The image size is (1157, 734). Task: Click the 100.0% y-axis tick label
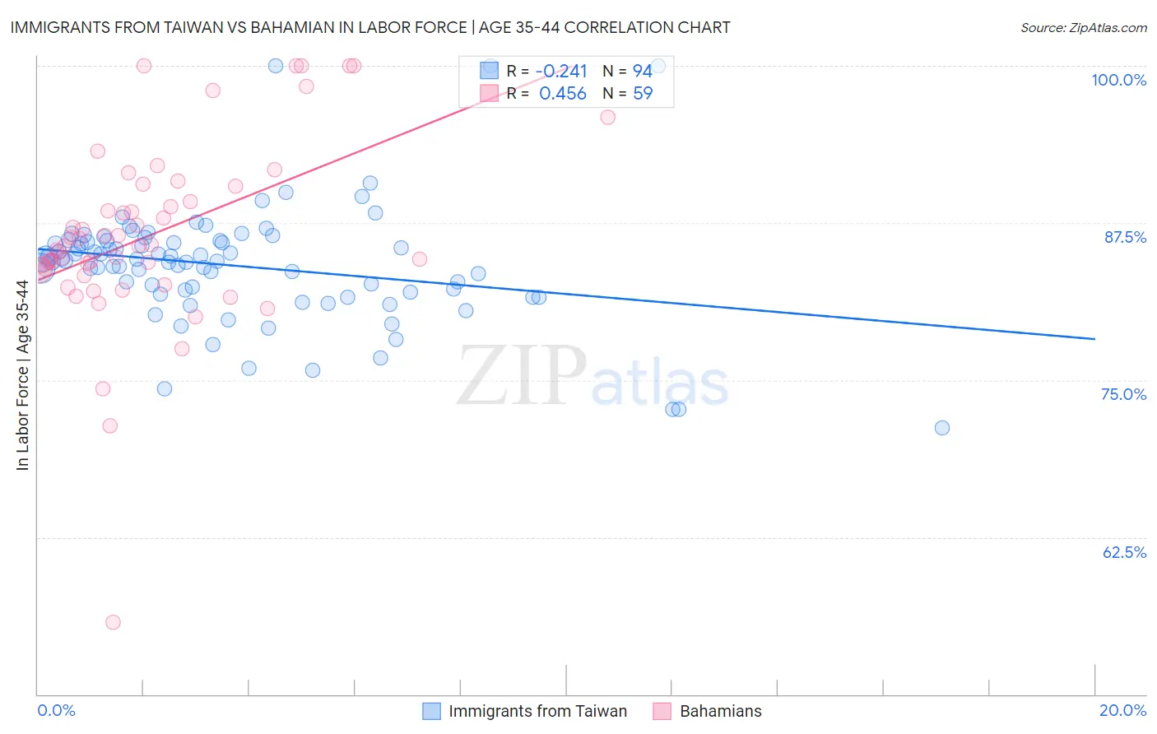[x=1118, y=80]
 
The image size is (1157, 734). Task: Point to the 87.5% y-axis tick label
[x=1125, y=237]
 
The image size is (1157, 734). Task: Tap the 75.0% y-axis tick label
[x=1123, y=394]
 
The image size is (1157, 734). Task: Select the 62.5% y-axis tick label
[x=1124, y=552]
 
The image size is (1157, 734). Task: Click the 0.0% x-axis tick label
[x=56, y=710]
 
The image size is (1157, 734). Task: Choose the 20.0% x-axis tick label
[x=1122, y=710]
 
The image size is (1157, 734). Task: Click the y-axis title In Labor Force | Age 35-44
[x=22, y=375]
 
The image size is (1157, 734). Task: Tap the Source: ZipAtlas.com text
[x=1083, y=27]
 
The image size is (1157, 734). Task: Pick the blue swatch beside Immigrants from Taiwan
[x=432, y=711]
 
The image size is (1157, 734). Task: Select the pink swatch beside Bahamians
[x=662, y=711]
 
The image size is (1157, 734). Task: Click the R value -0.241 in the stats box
[x=561, y=71]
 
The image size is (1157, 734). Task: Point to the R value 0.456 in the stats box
[x=563, y=94]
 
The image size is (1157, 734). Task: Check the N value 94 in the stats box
[x=642, y=71]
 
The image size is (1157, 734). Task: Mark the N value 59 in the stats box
[x=642, y=94]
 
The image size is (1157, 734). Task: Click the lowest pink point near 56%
[x=113, y=622]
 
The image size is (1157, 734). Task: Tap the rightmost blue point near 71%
[x=942, y=428]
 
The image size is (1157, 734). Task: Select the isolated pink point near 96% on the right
[x=608, y=117]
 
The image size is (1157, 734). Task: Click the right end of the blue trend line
[x=1094, y=338]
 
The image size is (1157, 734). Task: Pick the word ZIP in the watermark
[x=521, y=375]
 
